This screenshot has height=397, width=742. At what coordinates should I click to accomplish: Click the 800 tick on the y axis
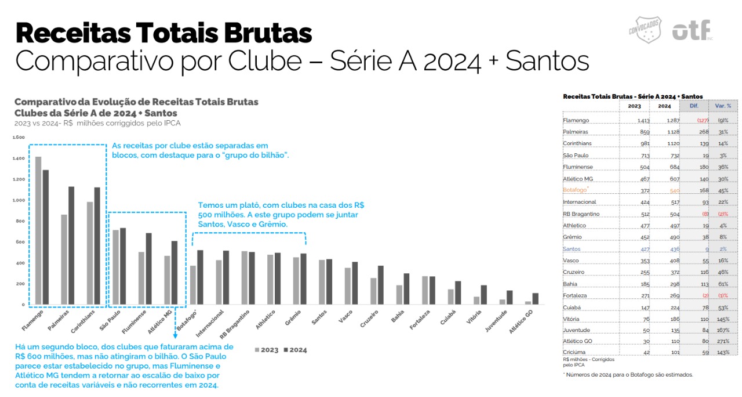[x=20, y=221]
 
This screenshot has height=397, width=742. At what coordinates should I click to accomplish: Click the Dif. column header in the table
[x=693, y=106]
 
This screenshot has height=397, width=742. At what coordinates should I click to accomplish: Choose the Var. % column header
[x=723, y=106]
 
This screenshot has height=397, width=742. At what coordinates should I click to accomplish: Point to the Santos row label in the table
[x=572, y=248]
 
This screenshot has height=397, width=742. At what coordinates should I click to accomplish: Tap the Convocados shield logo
[x=645, y=30]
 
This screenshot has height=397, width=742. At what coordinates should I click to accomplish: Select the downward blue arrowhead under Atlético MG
[x=174, y=336]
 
